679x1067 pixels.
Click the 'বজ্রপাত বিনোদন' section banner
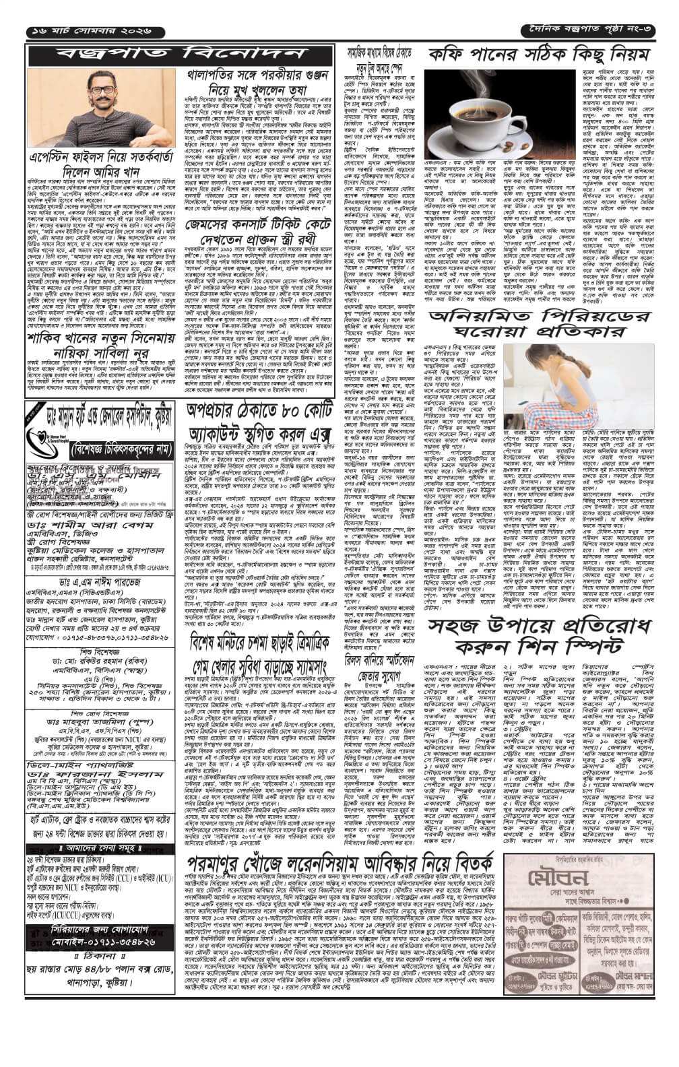tap(180, 54)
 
